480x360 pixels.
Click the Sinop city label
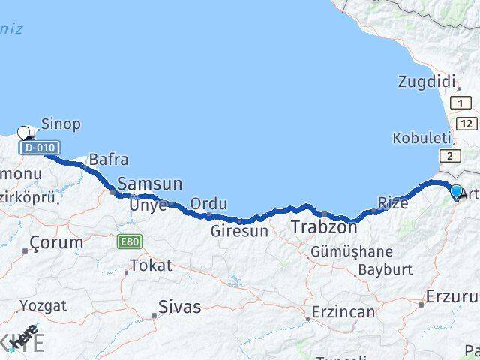coord(61,124)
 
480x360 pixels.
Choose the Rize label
coord(393,203)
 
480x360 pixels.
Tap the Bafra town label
coord(108,160)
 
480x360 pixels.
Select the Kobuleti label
coord(421,139)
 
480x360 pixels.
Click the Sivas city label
coord(179,306)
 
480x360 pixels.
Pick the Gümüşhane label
coord(352,251)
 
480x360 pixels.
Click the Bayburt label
coord(385,268)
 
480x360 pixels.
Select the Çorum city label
coord(56,242)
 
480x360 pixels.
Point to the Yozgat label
coord(43,305)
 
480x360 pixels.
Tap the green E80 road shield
coord(128,242)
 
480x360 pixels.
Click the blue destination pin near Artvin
coord(457,192)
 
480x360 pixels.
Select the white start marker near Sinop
coord(24,133)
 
